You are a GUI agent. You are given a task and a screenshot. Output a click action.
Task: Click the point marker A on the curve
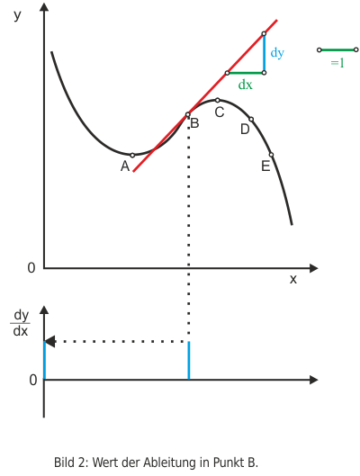pos(132,156)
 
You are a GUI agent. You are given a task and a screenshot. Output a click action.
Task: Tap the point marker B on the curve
pos(187,115)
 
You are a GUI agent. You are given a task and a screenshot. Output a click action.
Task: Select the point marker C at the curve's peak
pos(217,100)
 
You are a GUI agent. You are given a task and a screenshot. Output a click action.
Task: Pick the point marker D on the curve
pos(251,120)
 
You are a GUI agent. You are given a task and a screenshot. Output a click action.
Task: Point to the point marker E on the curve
pos(272,155)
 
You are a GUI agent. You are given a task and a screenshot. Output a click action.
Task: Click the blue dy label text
pos(277,53)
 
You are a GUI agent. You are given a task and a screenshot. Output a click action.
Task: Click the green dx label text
pos(246,85)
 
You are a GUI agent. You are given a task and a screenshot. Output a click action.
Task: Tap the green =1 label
pos(337,63)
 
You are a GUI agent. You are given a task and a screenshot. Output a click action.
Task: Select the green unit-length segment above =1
pos(337,49)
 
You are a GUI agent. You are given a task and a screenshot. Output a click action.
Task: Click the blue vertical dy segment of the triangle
pos(264,53)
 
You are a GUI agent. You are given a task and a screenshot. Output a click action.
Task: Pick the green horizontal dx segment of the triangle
pos(246,73)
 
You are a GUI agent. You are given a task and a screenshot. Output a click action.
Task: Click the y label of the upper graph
pos(18,15)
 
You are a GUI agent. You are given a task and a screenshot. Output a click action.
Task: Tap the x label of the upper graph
pos(292,279)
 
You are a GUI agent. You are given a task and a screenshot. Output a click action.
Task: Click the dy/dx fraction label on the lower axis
pos(21,323)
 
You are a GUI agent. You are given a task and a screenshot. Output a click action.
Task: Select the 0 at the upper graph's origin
pos(31,268)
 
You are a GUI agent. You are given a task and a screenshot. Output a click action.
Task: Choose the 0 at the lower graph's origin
pos(32,380)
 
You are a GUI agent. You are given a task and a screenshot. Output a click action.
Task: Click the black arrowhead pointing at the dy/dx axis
pos(49,342)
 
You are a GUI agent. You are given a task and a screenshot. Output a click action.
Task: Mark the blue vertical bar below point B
pos(189,361)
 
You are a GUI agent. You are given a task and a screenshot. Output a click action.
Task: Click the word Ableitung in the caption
pos(170,463)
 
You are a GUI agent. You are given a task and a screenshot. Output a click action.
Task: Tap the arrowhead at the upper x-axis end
pos(313,268)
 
